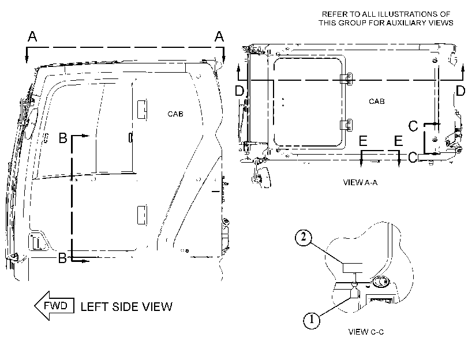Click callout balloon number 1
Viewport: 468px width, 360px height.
(x=312, y=320)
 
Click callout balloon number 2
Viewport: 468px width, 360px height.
(x=304, y=237)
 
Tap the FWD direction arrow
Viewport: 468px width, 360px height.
(x=54, y=306)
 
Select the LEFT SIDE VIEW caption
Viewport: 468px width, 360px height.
(x=126, y=307)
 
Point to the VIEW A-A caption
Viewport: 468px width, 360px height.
(x=360, y=182)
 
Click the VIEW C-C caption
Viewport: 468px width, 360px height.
(x=366, y=332)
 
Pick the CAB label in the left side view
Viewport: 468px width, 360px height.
(x=175, y=114)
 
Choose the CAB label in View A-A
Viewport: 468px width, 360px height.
(x=377, y=102)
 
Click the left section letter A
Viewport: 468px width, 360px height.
(x=32, y=36)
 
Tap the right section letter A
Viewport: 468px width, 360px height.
(x=219, y=36)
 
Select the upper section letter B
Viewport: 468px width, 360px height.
(x=63, y=138)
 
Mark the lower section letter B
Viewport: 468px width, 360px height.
(x=62, y=258)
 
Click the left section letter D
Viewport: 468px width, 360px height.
(x=239, y=91)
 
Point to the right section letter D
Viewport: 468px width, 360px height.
(x=460, y=91)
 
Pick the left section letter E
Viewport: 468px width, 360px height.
(x=363, y=141)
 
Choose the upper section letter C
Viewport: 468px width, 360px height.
(x=413, y=126)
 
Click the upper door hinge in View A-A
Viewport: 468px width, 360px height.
(x=346, y=79)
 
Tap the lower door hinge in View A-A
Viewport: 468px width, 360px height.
(x=346, y=125)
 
